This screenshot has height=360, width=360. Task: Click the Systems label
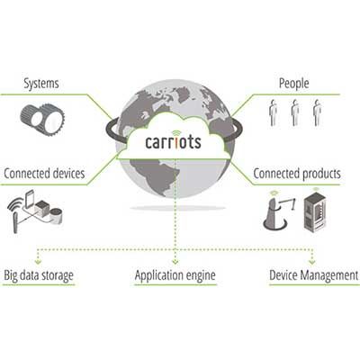41,84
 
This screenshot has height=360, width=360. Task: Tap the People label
293,84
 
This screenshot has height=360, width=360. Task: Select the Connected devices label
44,174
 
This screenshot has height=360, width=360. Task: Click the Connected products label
297,174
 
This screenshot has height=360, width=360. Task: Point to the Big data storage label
39,275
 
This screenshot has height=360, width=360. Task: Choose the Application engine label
175,275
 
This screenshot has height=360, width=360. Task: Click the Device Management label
314,275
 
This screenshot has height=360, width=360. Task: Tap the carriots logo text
173,142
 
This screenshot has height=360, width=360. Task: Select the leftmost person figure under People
273,112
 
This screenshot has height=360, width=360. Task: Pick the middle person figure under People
295,112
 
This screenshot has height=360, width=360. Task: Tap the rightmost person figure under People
318,112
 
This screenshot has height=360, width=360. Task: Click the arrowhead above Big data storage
38,262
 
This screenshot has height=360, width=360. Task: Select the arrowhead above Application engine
175,262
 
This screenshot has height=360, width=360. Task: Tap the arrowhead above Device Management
312,262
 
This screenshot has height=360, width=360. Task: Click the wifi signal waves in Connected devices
15,205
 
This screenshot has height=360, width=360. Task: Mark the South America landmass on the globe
155,177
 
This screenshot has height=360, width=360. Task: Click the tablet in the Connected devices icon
30,199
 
